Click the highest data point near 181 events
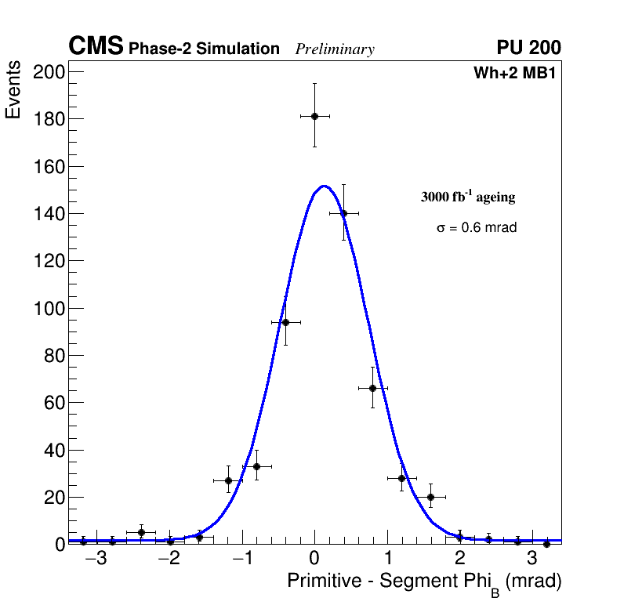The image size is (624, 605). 314,116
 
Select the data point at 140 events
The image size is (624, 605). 343,213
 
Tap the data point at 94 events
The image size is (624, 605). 285,322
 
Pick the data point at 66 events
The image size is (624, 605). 372,388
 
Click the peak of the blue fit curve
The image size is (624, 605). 324,186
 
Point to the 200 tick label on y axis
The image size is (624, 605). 49,72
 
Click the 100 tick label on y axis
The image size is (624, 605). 49,308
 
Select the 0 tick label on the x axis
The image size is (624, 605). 314,558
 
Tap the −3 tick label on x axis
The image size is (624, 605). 96,558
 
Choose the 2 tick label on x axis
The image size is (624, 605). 459,558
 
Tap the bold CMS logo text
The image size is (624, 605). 96,47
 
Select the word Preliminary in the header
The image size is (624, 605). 335,49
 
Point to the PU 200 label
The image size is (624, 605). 528,48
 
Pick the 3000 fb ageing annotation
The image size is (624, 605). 468,197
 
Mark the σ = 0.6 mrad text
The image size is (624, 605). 477,228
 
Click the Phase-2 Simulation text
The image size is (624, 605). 204,49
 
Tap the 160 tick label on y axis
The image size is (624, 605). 49,167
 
